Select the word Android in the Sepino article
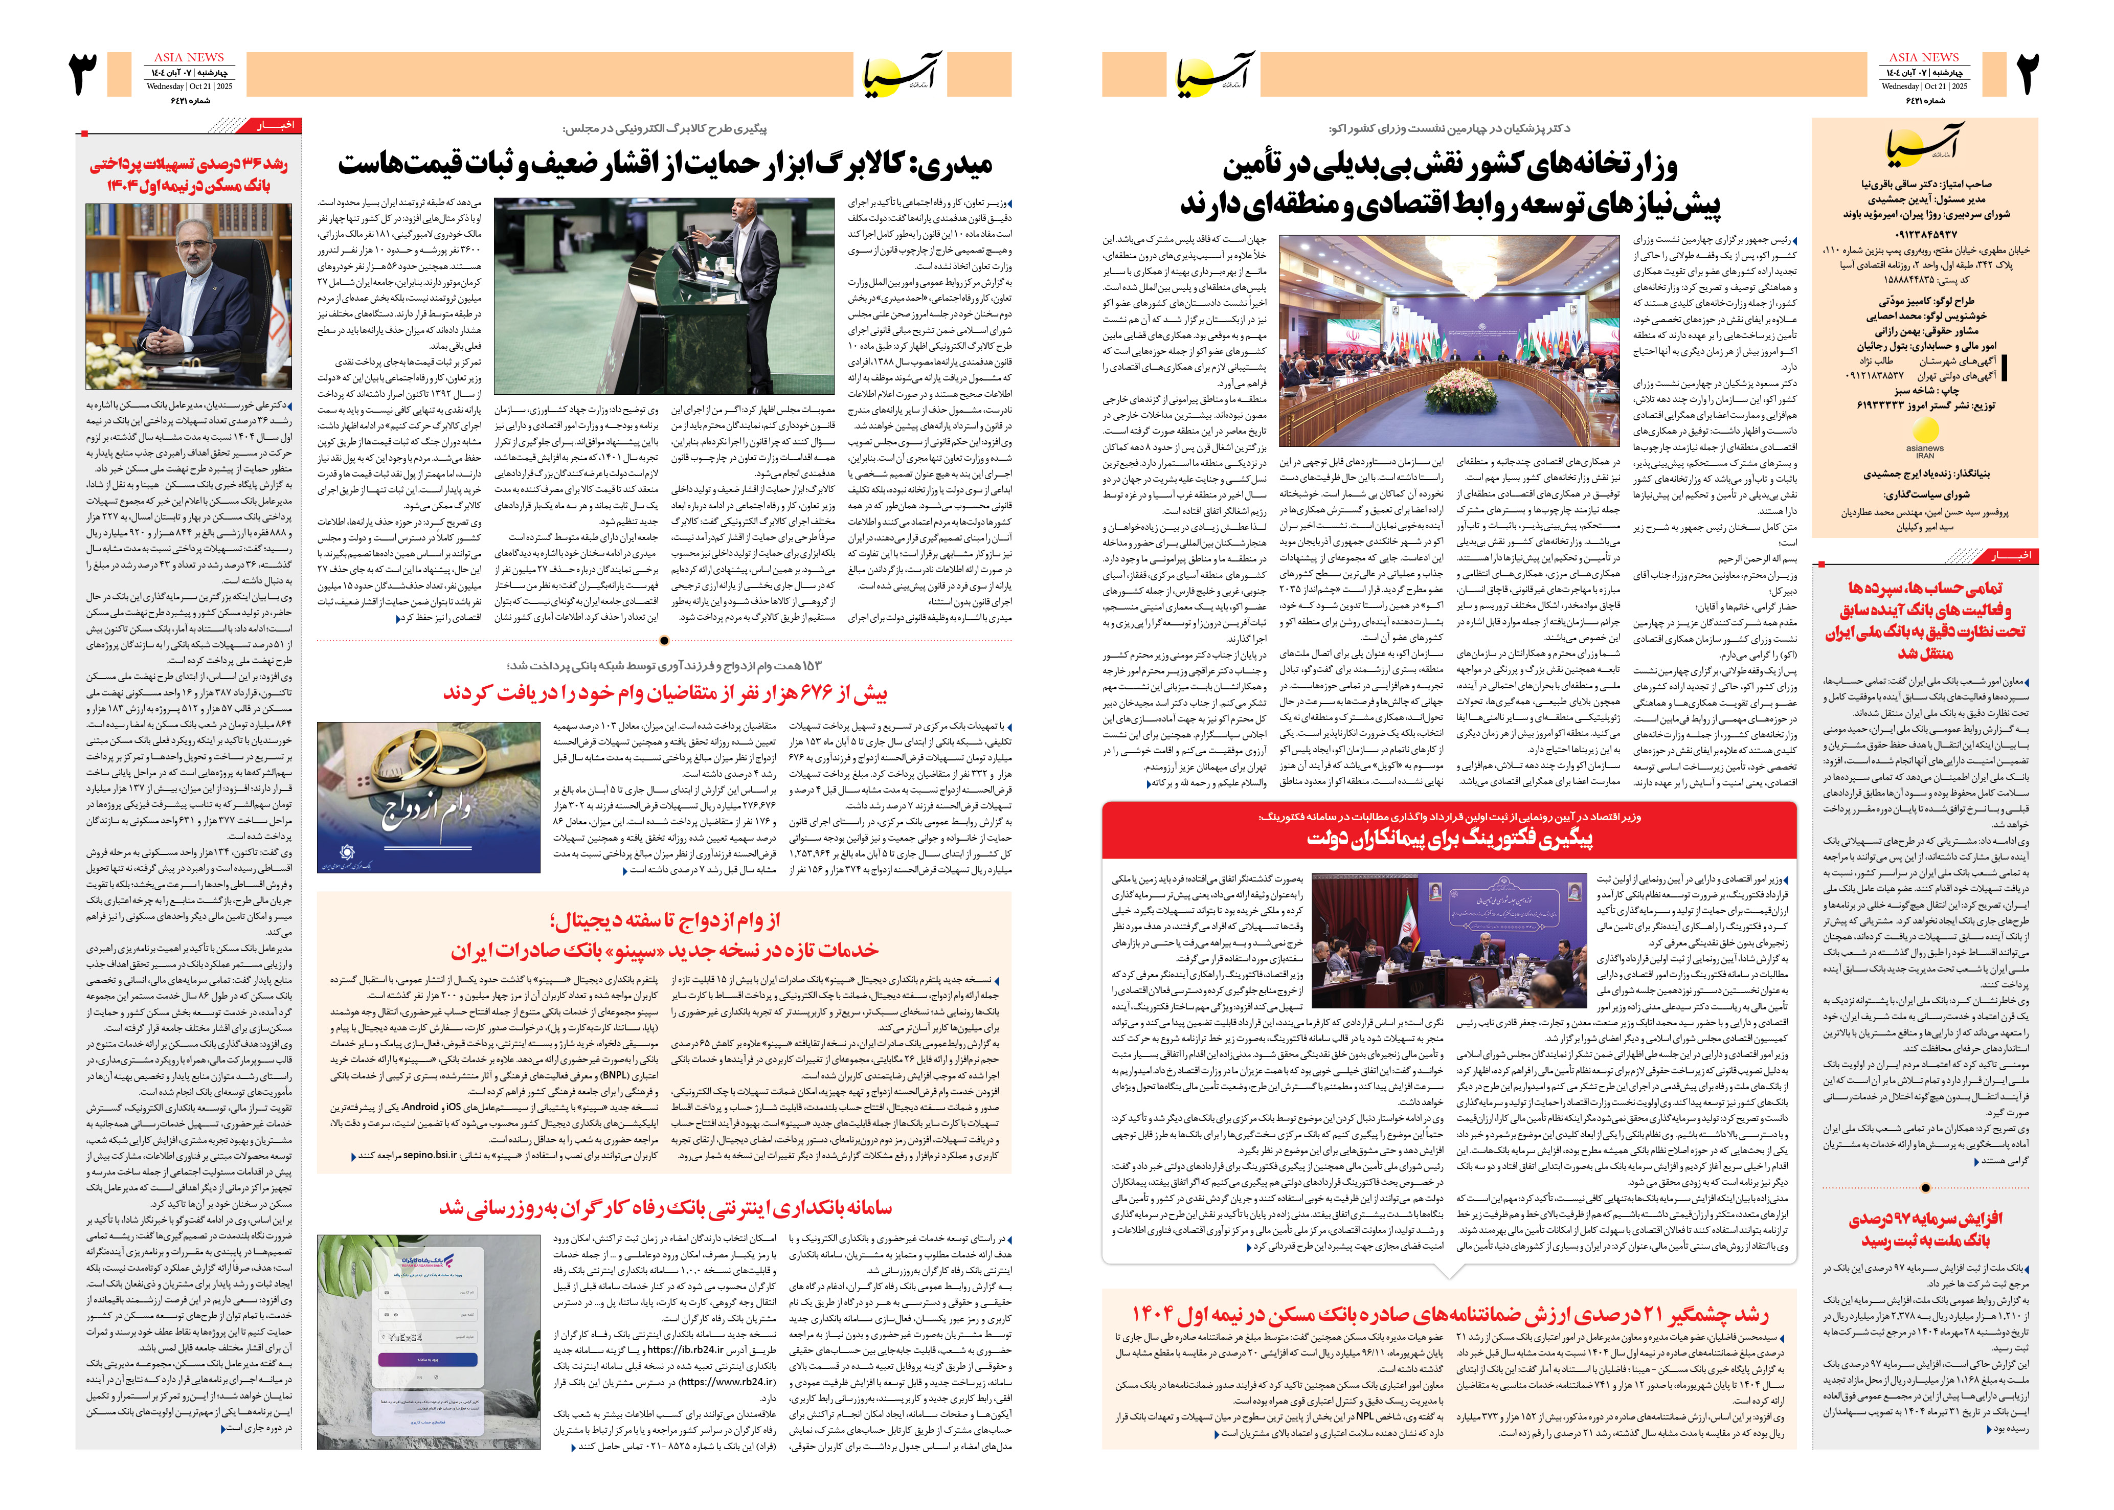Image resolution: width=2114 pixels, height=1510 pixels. click(420, 1108)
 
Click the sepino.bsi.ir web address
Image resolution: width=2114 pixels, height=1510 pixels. click(430, 1156)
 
